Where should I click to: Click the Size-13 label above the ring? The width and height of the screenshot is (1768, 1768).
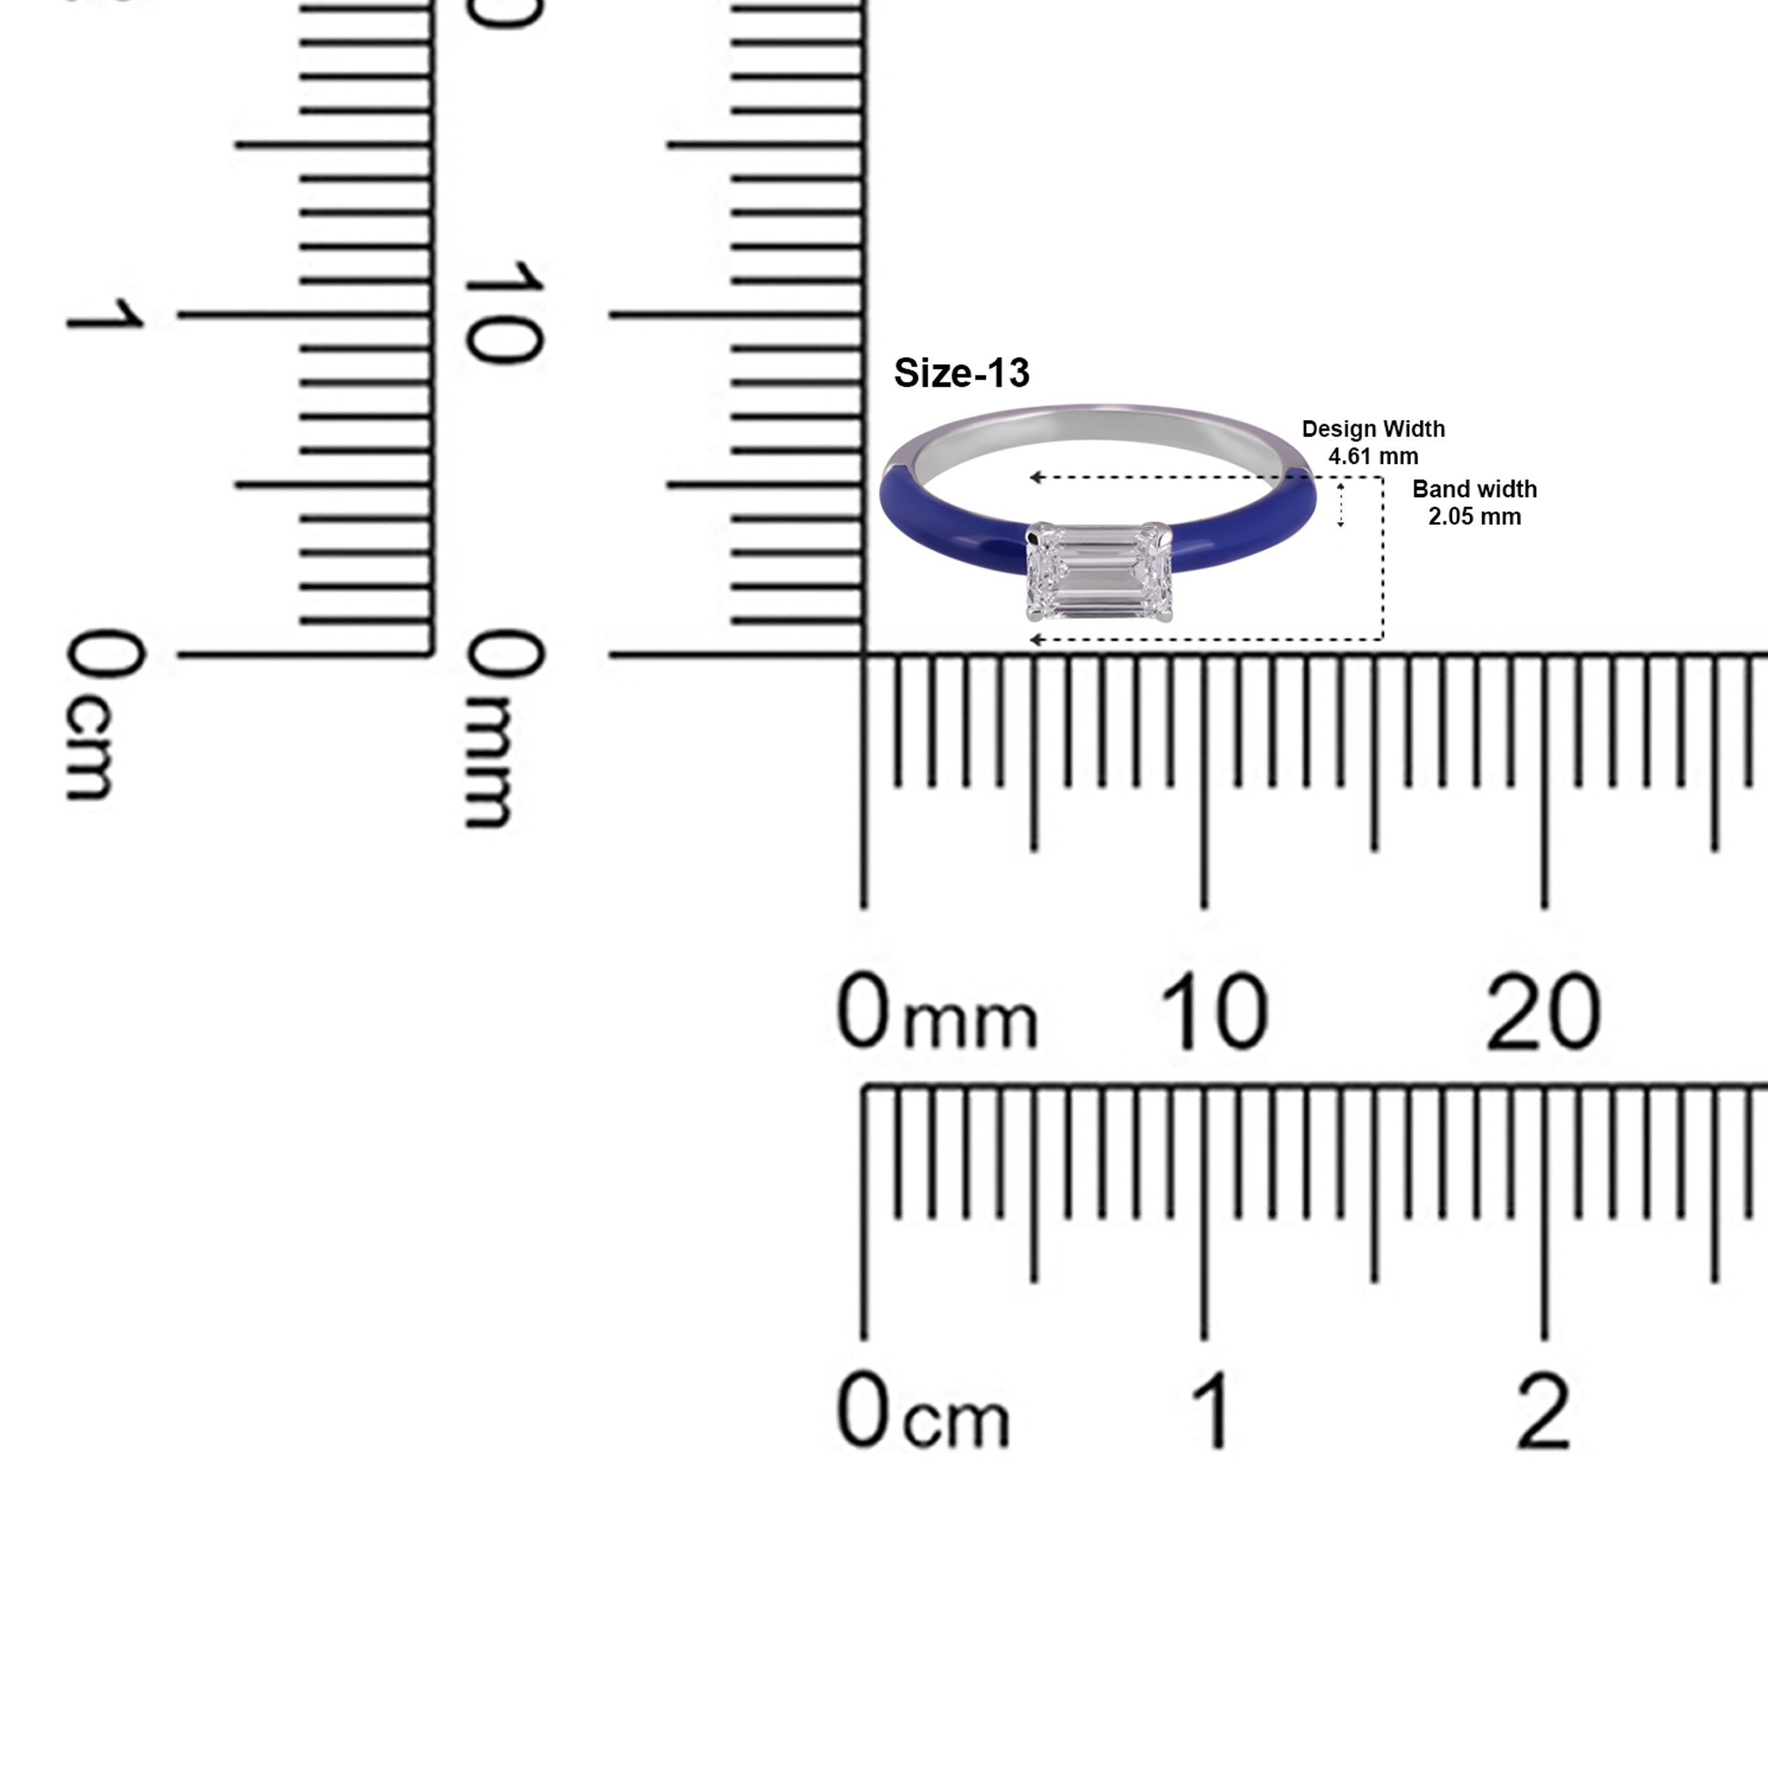click(x=961, y=373)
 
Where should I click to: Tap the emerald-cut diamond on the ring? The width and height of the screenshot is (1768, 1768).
click(x=1099, y=572)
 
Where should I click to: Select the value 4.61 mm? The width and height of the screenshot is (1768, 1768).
click(x=1373, y=455)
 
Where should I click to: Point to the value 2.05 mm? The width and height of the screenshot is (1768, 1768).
click(x=1475, y=517)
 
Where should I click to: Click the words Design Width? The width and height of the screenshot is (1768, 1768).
click(x=1373, y=429)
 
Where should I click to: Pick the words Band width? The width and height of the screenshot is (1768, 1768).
click(x=1475, y=489)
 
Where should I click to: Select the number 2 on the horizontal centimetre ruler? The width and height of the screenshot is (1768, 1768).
click(x=1544, y=1412)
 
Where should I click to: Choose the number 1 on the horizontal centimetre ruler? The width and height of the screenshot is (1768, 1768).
click(x=1214, y=1412)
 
